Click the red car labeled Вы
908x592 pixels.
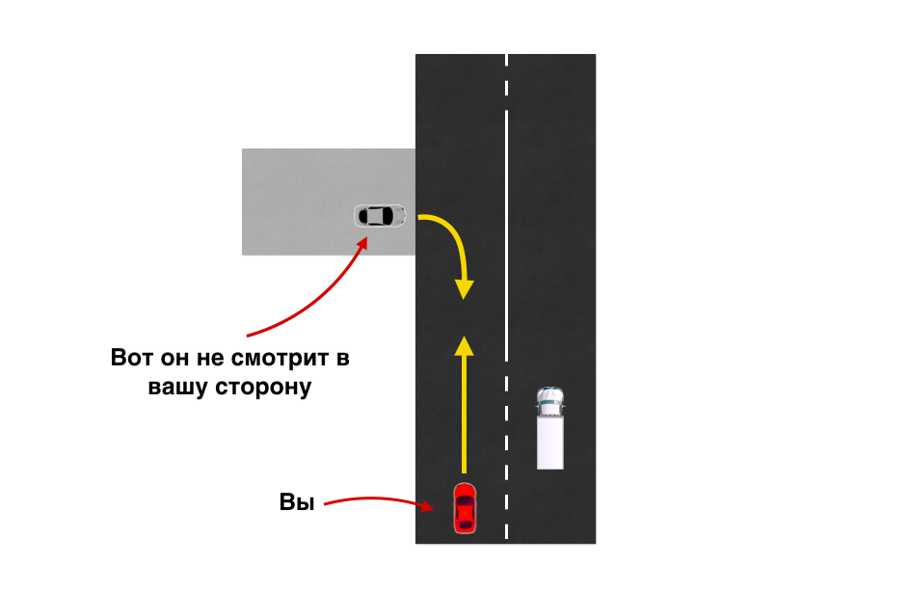pos(465,507)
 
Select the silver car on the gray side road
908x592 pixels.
pos(380,216)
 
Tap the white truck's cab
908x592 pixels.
pos(550,403)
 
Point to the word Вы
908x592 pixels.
pos(297,502)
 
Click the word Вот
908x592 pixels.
pos(131,359)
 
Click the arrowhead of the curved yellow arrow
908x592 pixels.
pos(465,288)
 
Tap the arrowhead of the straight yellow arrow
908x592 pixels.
pos(465,345)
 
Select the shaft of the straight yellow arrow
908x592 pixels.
pos(465,415)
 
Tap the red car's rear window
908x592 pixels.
pos(465,522)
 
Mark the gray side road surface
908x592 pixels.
pos(299,183)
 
